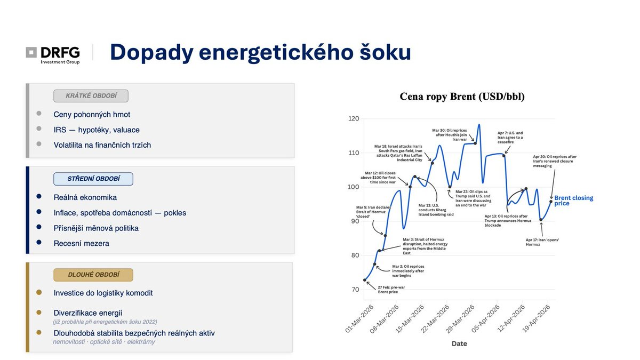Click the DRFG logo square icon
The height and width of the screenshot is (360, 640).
pyautogui.click(x=31, y=52)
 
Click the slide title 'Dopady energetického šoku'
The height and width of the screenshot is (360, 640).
pyautogui.click(x=260, y=52)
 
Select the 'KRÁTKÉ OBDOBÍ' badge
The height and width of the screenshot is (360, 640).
pyautogui.click(x=91, y=96)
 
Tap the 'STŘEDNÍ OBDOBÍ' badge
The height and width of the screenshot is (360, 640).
pyautogui.click(x=93, y=179)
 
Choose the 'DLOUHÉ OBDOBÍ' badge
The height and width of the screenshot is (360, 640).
pyautogui.click(x=93, y=275)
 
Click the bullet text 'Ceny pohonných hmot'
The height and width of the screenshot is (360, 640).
pyautogui.click(x=92, y=114)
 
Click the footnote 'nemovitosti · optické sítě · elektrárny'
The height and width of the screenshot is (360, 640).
pyautogui.click(x=103, y=341)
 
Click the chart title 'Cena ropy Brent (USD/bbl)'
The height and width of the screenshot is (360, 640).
pyautogui.click(x=462, y=97)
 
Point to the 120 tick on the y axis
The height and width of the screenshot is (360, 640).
pyautogui.click(x=354, y=118)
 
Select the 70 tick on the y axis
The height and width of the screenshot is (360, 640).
pyautogui.click(x=354, y=290)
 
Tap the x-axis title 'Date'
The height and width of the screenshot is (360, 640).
pyautogui.click(x=459, y=343)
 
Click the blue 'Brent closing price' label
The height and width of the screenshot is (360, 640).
pyautogui.click(x=573, y=201)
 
